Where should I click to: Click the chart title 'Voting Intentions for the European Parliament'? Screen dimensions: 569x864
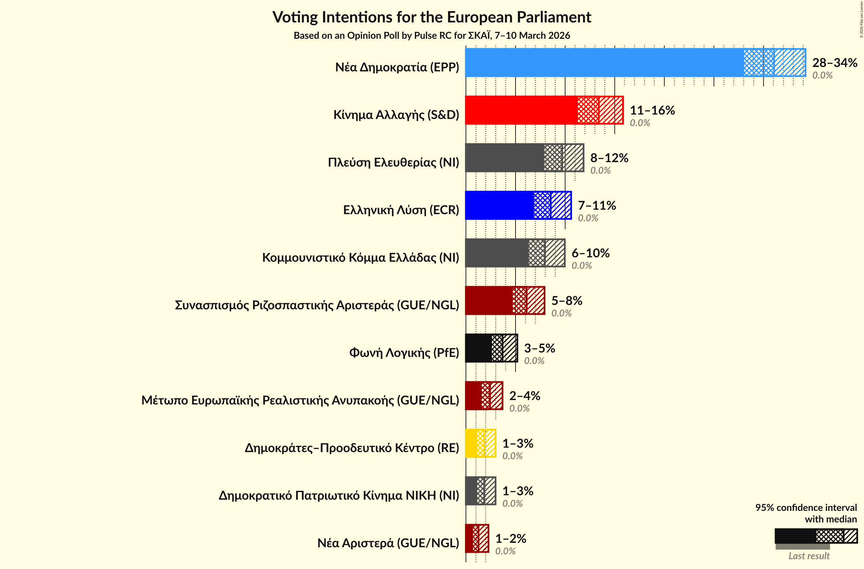coord(432,17)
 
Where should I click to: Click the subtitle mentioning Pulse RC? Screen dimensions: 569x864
coord(432,36)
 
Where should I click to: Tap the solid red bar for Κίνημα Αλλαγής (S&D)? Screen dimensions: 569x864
coord(521,110)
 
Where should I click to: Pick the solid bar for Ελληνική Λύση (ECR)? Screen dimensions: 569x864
coord(499,205)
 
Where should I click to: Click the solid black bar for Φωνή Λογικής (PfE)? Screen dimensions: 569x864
coord(478,348)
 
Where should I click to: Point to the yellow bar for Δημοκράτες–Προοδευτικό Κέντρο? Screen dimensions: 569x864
coord(471,443)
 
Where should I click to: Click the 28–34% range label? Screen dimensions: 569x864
coord(834,63)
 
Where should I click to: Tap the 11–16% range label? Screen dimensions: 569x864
coord(652,110)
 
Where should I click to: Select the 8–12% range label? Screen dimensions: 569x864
coord(609,158)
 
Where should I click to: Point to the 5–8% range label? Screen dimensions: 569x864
coord(567,300)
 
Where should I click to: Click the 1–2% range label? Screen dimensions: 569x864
coord(510,538)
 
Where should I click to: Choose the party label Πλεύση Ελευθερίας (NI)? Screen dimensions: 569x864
coord(393,162)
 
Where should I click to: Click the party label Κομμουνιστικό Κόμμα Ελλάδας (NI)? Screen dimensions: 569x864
coord(360,258)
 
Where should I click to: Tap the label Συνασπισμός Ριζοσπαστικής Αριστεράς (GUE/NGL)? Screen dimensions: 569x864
coord(317,305)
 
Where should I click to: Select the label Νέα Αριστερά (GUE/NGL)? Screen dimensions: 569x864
coord(388,543)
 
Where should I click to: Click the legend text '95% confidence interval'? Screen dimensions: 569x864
coord(806,507)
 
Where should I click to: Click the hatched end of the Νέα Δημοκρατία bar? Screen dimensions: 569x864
coord(790,63)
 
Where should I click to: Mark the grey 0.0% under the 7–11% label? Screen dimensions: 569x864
coord(588,218)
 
